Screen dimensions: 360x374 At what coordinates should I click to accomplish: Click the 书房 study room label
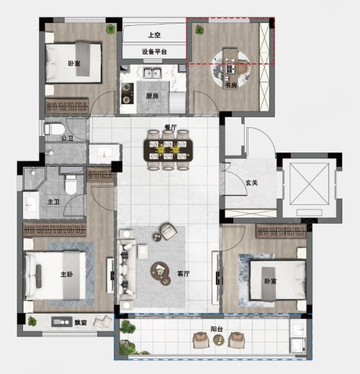pos(231,85)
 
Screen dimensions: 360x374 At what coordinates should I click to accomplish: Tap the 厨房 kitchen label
pos(152,96)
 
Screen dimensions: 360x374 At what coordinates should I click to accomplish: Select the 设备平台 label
pos(154,52)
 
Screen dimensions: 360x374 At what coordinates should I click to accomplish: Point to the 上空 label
pos(154,35)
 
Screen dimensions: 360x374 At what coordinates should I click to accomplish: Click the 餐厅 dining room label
pos(170,127)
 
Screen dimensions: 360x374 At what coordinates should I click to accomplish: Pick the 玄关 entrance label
pos(251,183)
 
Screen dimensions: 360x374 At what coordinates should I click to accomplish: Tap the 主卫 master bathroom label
pos(53,201)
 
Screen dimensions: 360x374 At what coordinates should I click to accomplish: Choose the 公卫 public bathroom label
pos(67,138)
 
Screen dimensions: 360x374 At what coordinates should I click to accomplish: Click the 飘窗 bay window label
pos(81,322)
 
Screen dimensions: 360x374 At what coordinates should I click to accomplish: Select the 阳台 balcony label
pos(217,329)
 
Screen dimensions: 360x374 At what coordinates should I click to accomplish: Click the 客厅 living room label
pos(184,273)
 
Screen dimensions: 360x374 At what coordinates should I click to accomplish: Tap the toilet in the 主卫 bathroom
pos(71,185)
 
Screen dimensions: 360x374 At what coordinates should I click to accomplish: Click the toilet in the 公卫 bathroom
pos(55,129)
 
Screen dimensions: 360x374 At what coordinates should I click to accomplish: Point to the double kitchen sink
pos(153,73)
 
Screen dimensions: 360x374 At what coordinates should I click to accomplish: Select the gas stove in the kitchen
pos(127,93)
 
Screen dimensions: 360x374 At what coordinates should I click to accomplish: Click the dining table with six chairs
pos(168,150)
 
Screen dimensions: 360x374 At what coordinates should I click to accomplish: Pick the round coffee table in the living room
pos(160,270)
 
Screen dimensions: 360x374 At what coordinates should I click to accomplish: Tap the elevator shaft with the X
pos(310,184)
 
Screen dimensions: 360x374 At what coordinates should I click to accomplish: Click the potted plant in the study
pos(199,29)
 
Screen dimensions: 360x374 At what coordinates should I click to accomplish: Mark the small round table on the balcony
pos(219,340)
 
